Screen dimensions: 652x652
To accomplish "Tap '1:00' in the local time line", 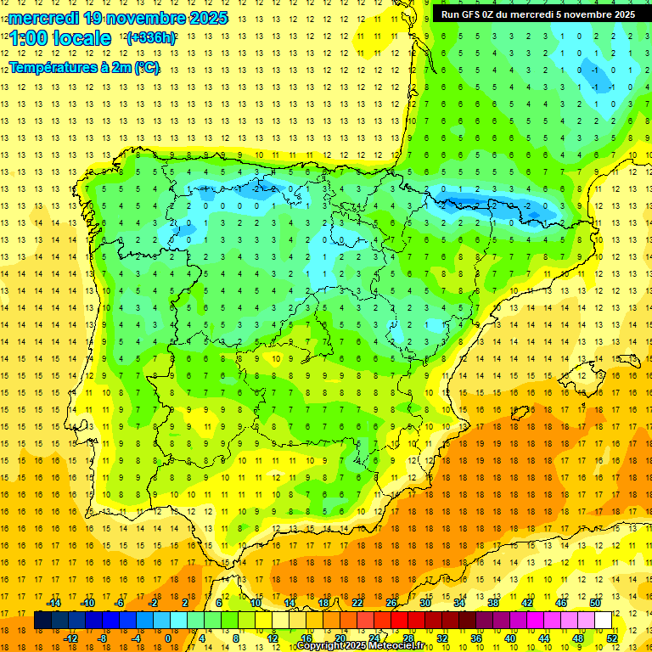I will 31,38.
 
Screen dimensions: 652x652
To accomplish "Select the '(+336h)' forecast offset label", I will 151,38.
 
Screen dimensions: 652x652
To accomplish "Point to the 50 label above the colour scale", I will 594,603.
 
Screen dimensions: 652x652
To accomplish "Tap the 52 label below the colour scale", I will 612,638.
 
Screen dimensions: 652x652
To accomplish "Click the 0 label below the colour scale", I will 168,638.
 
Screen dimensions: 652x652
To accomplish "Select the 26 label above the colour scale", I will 391,603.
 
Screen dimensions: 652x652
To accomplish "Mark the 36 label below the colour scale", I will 476,638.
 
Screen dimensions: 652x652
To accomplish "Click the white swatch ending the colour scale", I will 603,621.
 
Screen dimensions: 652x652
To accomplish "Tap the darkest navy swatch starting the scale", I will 42,621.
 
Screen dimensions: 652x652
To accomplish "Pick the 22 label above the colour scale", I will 357,603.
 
